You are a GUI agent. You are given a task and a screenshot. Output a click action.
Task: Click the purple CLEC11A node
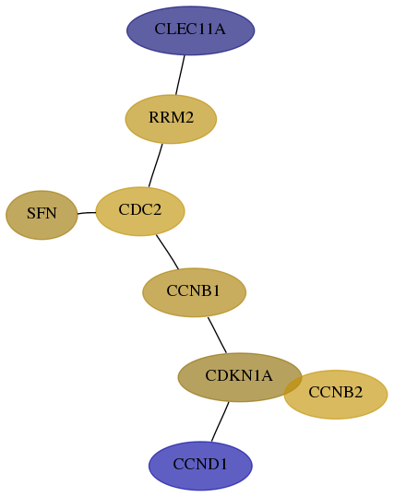coord(190,30)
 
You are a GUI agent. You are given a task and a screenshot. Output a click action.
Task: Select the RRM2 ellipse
coord(171,119)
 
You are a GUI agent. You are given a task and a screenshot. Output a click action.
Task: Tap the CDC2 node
coord(140,211)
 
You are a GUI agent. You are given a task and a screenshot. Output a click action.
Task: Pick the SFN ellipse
coord(42,215)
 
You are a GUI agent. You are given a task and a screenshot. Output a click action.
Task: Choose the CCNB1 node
coord(194,292)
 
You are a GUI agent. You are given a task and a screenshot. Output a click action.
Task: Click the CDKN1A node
coord(240,377)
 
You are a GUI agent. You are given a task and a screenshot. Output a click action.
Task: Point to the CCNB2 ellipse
coord(336,395)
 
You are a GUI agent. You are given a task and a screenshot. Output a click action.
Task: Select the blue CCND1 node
coord(200,466)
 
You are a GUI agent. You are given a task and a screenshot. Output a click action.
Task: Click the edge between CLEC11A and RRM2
coord(180,75)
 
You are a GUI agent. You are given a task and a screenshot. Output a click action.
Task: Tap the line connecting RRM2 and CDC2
coord(155,165)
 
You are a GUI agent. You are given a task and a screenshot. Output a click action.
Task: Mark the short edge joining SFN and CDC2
coord(87,213)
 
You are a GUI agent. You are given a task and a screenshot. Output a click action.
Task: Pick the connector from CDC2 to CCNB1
coord(168,252)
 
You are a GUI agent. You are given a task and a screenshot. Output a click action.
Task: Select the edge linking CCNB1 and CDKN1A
coord(218,335)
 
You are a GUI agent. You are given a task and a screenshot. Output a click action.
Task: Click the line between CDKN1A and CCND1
coord(220,422)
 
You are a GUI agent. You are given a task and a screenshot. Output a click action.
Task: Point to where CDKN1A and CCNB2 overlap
coord(293,385)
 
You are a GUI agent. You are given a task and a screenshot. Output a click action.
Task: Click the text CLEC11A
coord(190,30)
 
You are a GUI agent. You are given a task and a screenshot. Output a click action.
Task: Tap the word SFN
coord(42,213)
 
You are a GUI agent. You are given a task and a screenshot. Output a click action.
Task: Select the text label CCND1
coord(200,465)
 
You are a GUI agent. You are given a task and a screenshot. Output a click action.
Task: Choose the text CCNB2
coord(335,393)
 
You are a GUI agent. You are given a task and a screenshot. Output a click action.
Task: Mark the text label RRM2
coord(171,118)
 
